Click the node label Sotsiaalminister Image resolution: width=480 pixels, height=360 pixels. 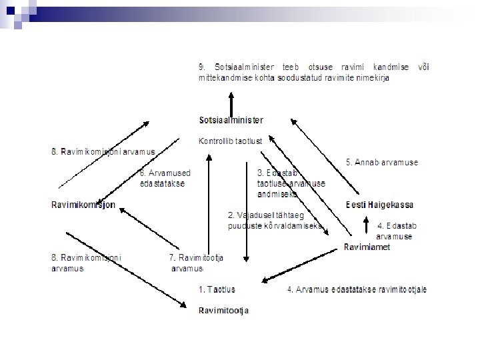(x=231, y=121)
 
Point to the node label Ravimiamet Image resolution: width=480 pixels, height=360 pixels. (x=367, y=247)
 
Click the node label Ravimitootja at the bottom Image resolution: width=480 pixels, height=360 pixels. (x=223, y=310)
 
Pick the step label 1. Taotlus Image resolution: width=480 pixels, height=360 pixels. (x=217, y=289)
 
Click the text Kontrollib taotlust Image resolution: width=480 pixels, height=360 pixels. (x=230, y=141)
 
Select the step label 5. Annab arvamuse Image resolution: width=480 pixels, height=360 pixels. (x=382, y=162)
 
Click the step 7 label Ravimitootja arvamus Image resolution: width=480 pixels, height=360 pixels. (x=196, y=263)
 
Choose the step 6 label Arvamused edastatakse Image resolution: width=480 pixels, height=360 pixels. (x=163, y=178)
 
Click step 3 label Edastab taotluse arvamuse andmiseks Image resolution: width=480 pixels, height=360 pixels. (x=291, y=183)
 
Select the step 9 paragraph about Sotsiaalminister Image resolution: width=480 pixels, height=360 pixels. (x=313, y=72)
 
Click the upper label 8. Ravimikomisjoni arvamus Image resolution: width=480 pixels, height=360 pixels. (x=103, y=151)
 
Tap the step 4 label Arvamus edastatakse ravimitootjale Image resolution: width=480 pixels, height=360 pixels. (x=357, y=289)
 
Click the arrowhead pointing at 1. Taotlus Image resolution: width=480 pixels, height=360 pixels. (x=265, y=281)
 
